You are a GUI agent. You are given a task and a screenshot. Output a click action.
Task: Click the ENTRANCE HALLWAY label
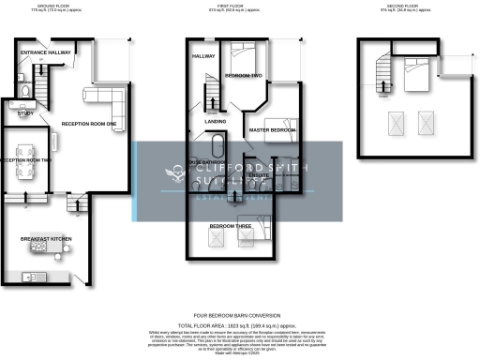click(46, 52)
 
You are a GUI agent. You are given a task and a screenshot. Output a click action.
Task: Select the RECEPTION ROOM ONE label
click(89, 124)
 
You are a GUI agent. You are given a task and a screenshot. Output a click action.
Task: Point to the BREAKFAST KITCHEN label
click(46, 240)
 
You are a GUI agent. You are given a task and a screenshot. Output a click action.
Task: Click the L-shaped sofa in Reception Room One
click(103, 93)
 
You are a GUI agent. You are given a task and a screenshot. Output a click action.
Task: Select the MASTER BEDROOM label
click(272, 130)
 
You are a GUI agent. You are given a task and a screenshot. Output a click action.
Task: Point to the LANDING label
click(216, 122)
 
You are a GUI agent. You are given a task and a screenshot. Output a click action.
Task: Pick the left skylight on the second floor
click(396, 122)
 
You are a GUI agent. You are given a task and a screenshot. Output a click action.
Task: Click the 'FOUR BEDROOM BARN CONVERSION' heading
click(240, 314)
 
